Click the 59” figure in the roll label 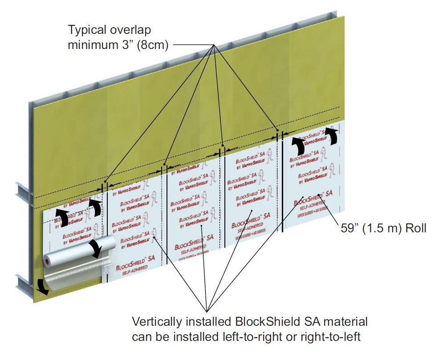[x=349, y=229]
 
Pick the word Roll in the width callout [x=415, y=229]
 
